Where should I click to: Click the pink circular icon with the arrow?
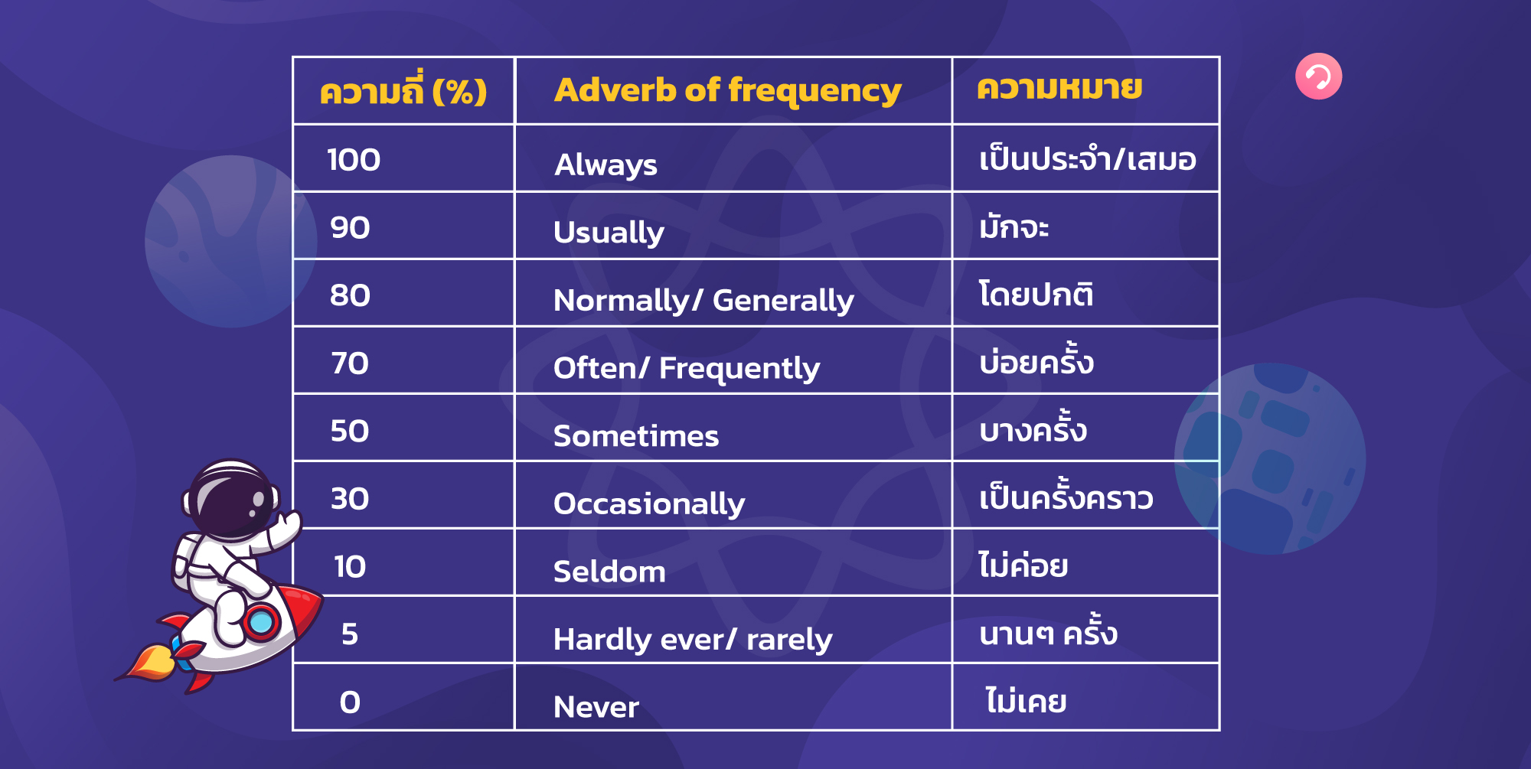click(1318, 77)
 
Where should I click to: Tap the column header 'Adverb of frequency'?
click(727, 90)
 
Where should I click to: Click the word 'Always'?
click(606, 165)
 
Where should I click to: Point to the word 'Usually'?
click(609, 233)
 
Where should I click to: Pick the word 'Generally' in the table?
click(783, 301)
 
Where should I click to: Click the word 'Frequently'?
click(739, 369)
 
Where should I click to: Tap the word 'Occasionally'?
click(648, 503)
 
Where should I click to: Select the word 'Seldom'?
click(609, 572)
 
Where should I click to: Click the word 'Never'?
click(596, 707)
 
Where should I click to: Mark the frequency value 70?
click(350, 363)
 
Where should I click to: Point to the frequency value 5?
click(350, 634)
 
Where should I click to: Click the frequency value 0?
click(350, 702)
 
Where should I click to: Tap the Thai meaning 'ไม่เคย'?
click(1026, 701)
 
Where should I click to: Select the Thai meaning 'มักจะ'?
click(1014, 227)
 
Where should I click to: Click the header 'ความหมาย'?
click(1059, 89)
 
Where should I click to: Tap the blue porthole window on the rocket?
click(261, 622)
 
